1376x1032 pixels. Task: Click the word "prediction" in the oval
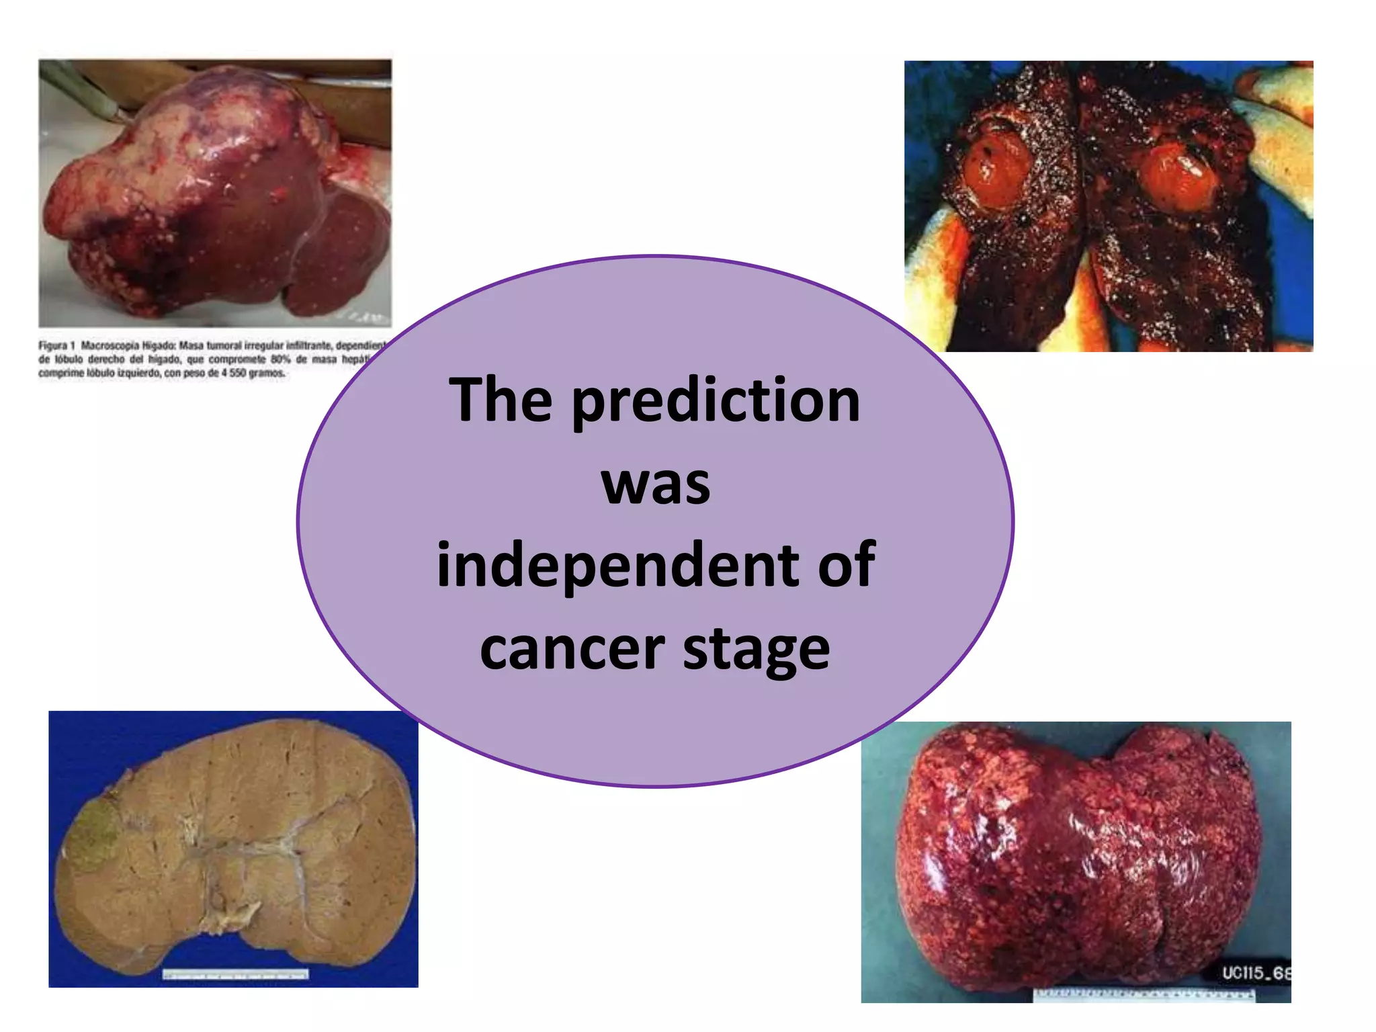pyautogui.click(x=716, y=401)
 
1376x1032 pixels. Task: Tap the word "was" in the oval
pyautogui.click(x=655, y=484)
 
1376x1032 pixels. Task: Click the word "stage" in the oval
pyautogui.click(x=757, y=650)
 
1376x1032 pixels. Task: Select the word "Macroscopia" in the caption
pyautogui.click(x=111, y=345)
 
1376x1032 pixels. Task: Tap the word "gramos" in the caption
pyautogui.click(x=267, y=373)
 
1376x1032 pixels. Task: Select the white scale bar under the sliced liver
pyautogui.click(x=236, y=974)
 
